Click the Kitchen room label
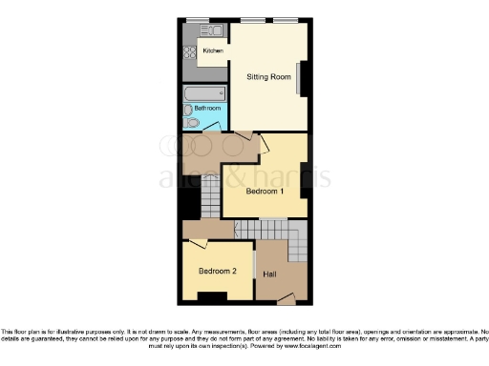tap(212, 51)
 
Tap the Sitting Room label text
tap(268, 76)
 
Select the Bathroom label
tap(207, 109)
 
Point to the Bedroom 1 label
tap(265, 192)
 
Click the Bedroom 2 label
tap(217, 272)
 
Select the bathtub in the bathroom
tap(204, 93)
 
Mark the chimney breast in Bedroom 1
tap(305, 179)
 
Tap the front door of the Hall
tap(286, 301)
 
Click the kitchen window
tap(198, 19)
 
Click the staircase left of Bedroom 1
tap(210, 201)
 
